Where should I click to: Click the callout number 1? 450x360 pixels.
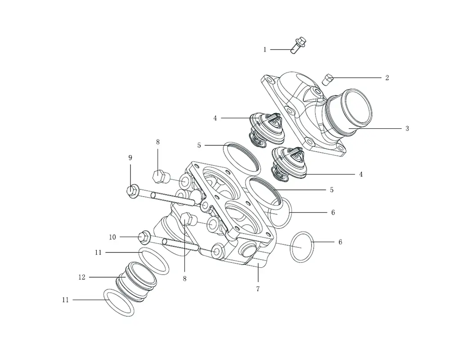pos(265,49)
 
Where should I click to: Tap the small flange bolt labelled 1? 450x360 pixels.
pos(298,45)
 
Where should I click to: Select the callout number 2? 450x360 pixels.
pos(387,78)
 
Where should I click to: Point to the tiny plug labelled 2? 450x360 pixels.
pos(328,80)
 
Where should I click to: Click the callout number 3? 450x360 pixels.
pos(407,129)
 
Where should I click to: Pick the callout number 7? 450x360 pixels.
pos(258,289)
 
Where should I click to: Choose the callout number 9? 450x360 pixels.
pos(130,157)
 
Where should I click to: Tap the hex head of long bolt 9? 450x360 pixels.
pos(132,191)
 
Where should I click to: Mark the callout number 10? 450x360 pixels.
pos(112,237)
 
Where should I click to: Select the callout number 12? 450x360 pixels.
pos(82,277)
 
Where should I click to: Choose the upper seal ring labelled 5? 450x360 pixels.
pos(242,156)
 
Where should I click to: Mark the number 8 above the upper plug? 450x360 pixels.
pos(158,142)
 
